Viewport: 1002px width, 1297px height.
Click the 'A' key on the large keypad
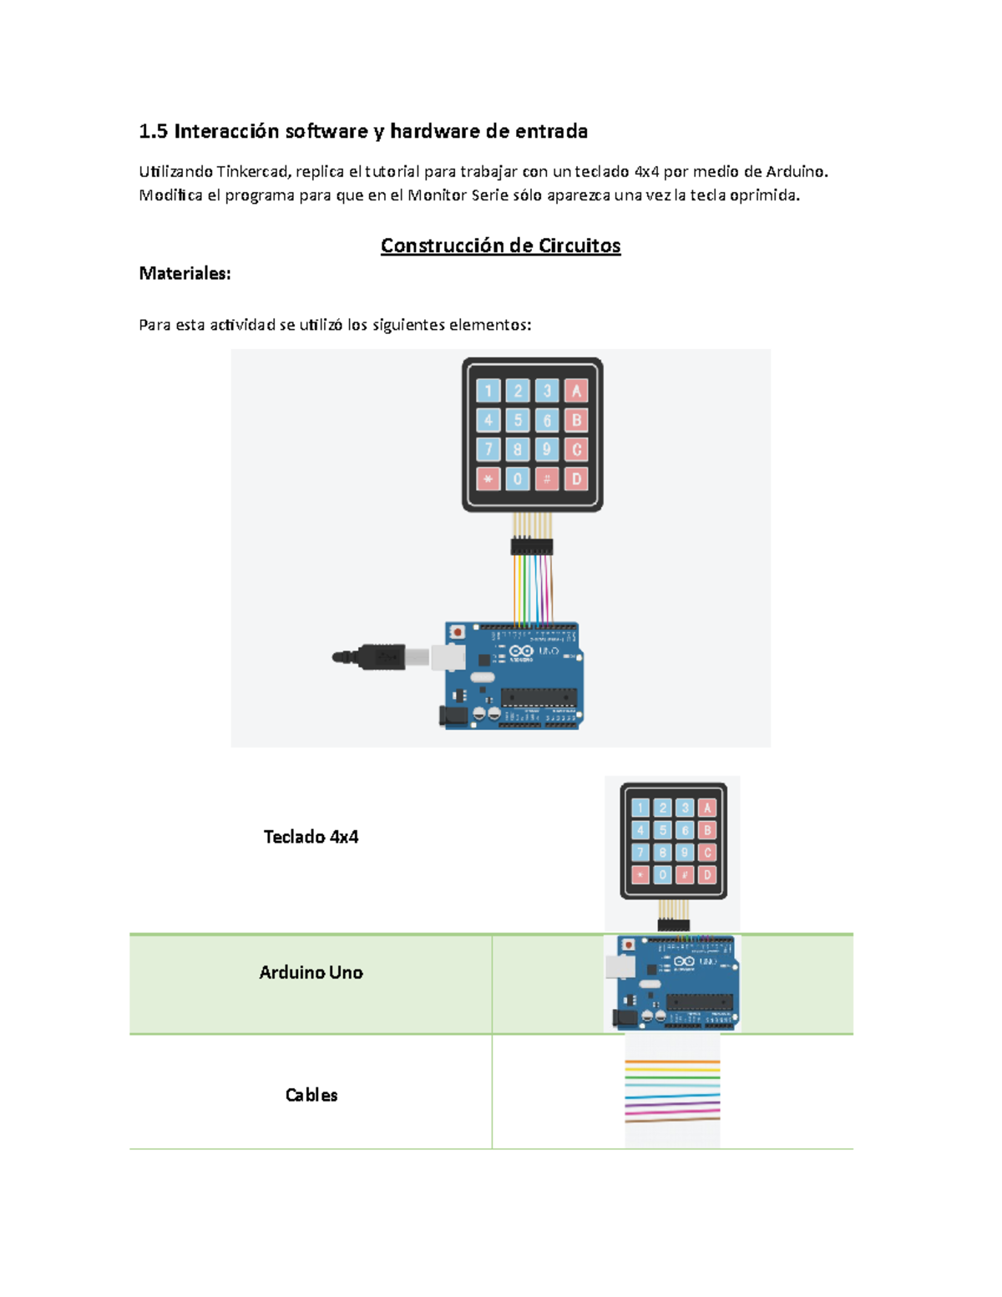point(576,391)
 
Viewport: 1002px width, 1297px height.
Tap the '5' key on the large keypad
point(518,420)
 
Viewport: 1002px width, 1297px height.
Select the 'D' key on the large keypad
point(576,479)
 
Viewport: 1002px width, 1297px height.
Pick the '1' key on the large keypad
point(488,391)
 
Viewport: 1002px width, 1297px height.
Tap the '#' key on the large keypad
point(547,479)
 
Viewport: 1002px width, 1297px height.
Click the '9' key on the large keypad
point(547,449)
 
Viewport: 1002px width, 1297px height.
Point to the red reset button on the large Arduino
point(457,632)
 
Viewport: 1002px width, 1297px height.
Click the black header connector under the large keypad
point(532,547)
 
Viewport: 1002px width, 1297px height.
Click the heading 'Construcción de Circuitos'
point(500,246)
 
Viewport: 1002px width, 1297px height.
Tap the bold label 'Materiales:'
point(185,273)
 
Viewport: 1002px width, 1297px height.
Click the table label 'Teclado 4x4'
point(311,837)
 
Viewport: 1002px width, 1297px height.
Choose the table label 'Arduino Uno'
point(311,972)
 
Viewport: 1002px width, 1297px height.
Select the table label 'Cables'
point(311,1095)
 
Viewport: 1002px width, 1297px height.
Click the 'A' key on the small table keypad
point(707,808)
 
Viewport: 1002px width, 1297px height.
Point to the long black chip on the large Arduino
point(539,696)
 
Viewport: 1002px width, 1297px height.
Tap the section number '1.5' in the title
point(154,131)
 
